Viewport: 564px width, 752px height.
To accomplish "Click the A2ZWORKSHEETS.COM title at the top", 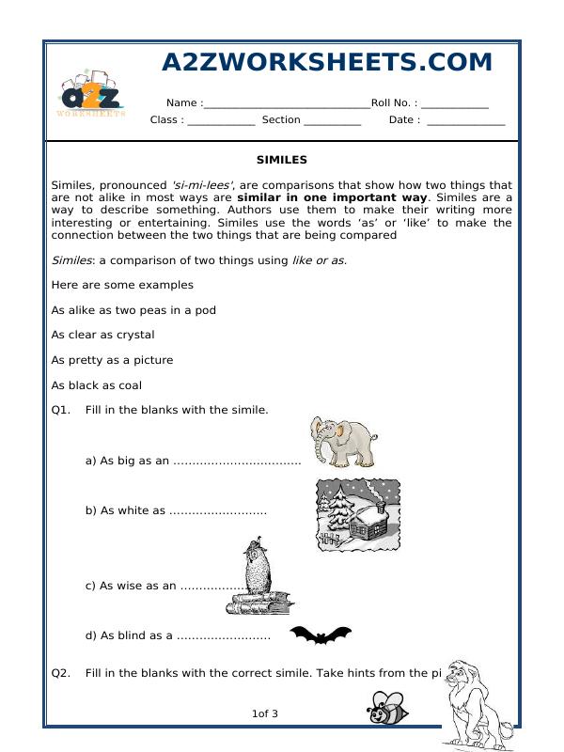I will pyautogui.click(x=327, y=63).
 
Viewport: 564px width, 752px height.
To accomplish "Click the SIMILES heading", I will pyautogui.click(x=281, y=161).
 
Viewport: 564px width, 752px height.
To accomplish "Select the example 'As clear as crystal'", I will pyautogui.click(x=103, y=335).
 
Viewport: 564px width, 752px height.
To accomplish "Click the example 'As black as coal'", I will pyautogui.click(x=97, y=385).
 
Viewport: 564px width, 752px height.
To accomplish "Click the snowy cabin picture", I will pyautogui.click(x=357, y=514).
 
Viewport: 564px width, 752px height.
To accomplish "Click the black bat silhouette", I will pyautogui.click(x=320, y=636).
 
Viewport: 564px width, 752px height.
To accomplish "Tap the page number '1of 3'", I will pyautogui.click(x=265, y=714).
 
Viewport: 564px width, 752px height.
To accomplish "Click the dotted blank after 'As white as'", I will pyautogui.click(x=217, y=511).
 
